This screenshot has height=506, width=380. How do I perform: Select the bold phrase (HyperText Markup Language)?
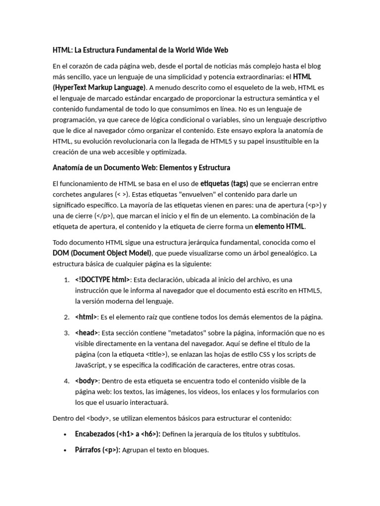99,87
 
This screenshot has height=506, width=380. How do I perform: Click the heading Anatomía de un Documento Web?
141,168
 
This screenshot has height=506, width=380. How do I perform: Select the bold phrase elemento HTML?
280,227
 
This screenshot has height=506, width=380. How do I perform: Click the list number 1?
66,280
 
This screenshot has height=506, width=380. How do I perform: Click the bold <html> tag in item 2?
86,317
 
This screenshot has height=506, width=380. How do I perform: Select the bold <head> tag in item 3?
87,333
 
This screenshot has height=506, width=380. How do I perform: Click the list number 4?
66,381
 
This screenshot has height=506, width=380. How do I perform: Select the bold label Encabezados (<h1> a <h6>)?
117,434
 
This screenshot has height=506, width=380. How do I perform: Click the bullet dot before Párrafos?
65,450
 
